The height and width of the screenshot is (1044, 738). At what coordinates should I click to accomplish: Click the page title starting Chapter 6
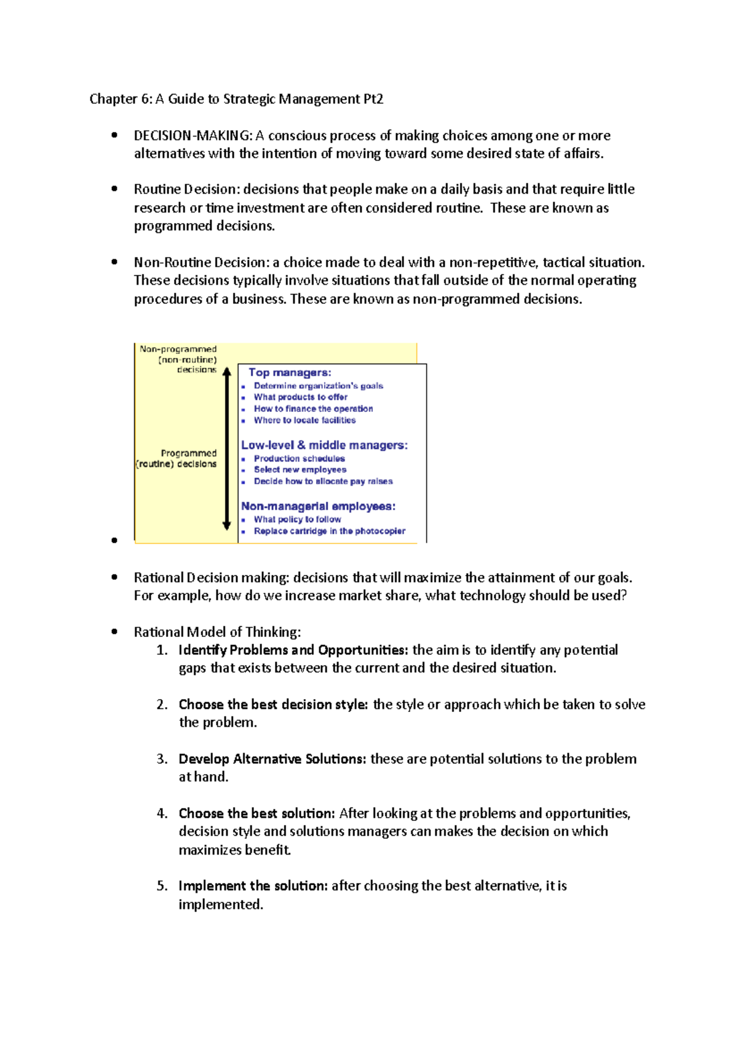(x=236, y=99)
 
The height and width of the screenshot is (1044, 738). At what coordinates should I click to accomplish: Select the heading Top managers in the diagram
(x=290, y=373)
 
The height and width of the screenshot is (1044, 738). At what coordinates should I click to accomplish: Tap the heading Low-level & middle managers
(x=324, y=445)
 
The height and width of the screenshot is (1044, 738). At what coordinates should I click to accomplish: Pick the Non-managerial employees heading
(x=318, y=507)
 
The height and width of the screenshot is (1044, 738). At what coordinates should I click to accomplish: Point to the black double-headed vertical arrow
(x=226, y=449)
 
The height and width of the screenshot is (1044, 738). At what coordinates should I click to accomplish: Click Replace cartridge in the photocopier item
(x=329, y=531)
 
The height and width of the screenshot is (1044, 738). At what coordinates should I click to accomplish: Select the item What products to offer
(x=301, y=397)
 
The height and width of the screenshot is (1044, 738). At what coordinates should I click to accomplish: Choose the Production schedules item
(x=299, y=459)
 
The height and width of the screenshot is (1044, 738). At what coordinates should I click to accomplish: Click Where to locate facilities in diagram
(x=304, y=421)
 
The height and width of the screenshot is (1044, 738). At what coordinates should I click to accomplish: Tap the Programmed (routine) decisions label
(x=177, y=459)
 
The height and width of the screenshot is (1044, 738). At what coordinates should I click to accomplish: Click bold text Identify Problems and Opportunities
(x=293, y=651)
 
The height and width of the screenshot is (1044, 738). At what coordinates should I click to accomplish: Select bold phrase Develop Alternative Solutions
(x=272, y=759)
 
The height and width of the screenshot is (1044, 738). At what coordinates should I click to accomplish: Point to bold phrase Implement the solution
(x=253, y=886)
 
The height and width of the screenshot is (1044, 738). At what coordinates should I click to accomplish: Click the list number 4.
(x=162, y=813)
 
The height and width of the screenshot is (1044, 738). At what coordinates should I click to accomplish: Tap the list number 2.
(x=162, y=705)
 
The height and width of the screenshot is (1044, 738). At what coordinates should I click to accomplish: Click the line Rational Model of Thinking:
(x=217, y=632)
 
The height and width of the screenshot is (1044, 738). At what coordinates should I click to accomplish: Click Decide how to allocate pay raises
(x=323, y=481)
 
